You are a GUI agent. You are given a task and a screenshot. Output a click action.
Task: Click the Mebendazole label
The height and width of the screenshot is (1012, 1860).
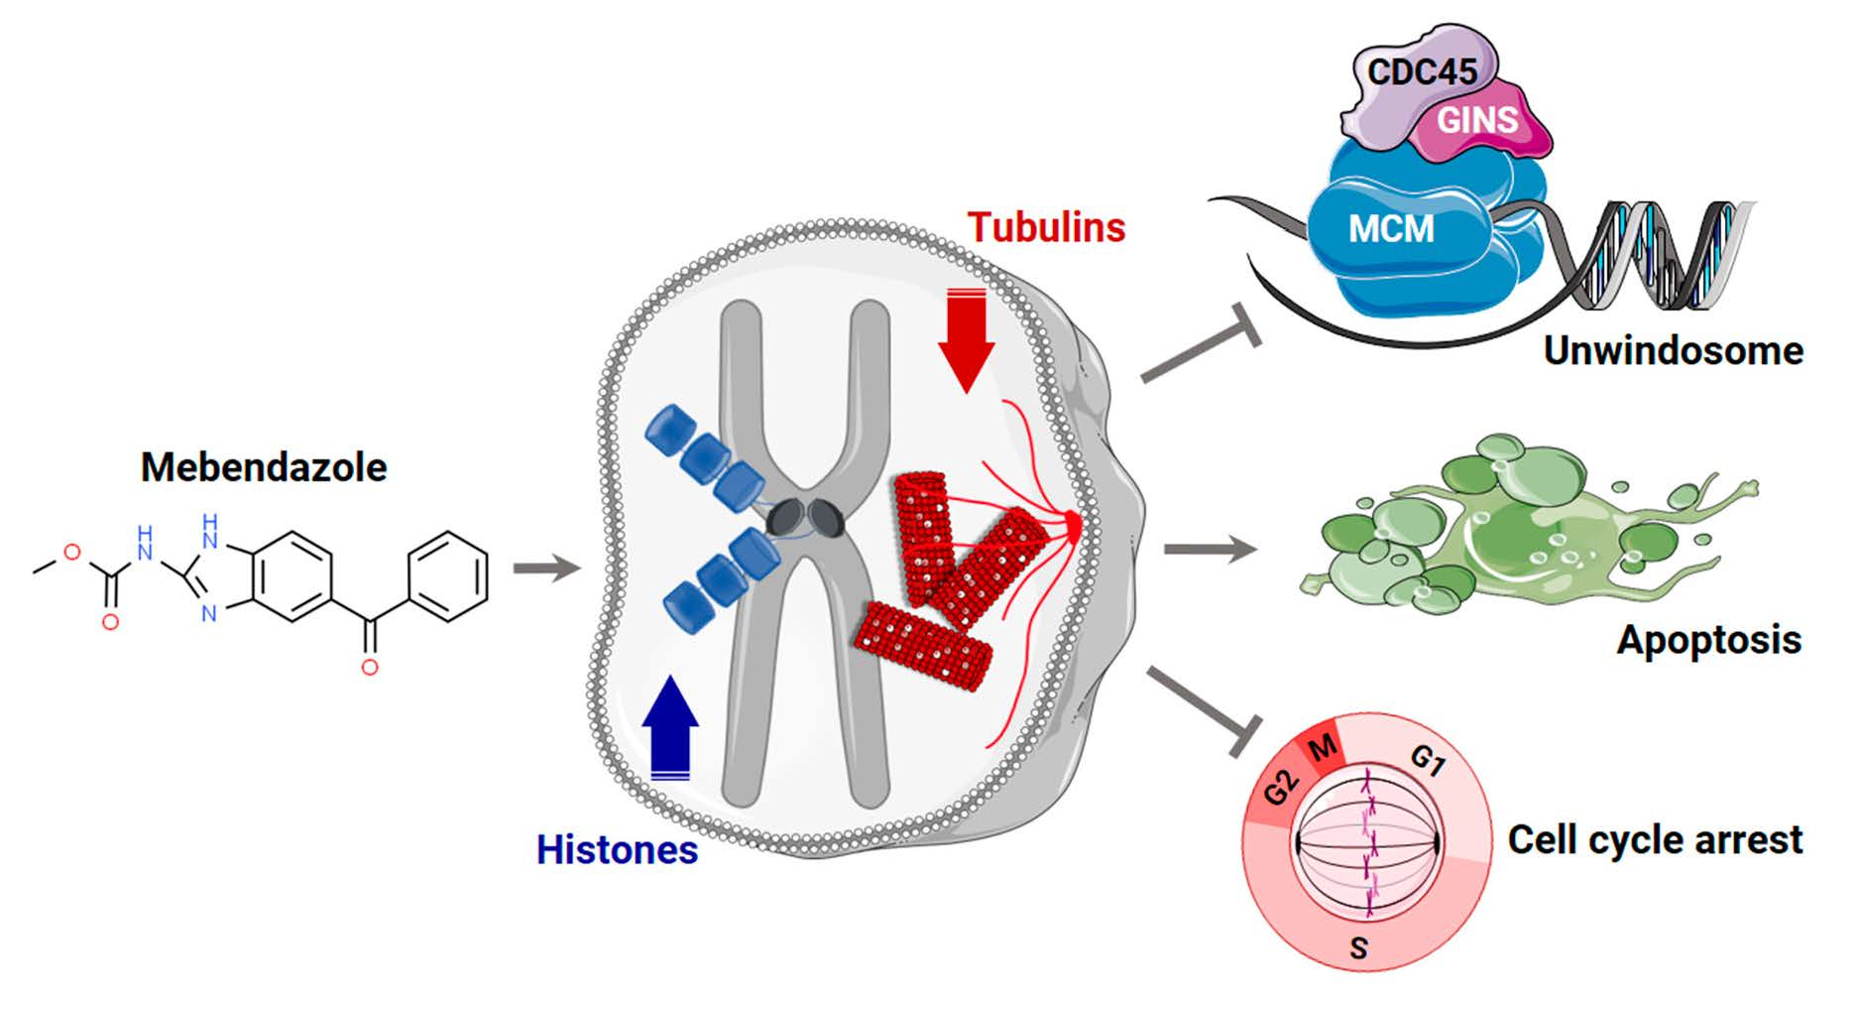(x=264, y=467)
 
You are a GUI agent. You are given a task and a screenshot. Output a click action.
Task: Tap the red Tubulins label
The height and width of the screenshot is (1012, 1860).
(x=1046, y=228)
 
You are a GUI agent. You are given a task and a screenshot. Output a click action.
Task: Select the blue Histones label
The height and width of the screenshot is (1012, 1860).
(x=617, y=850)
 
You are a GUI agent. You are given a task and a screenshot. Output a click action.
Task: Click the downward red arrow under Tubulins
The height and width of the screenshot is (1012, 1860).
(x=966, y=342)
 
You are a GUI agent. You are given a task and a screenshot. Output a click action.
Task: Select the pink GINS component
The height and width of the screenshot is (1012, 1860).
(x=1479, y=122)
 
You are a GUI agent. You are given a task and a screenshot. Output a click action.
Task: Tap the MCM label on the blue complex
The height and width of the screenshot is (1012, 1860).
(x=1391, y=230)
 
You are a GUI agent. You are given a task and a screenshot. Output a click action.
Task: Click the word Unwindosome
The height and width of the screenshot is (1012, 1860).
(x=1673, y=351)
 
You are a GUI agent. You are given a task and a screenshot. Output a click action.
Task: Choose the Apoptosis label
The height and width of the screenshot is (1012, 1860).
(x=1708, y=640)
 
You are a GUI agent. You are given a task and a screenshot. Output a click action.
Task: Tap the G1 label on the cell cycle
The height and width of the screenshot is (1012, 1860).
(x=1428, y=762)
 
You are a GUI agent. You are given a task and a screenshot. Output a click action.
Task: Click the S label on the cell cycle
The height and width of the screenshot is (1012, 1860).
(x=1359, y=948)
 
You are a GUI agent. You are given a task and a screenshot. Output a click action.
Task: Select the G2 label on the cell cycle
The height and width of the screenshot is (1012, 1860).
(x=1281, y=790)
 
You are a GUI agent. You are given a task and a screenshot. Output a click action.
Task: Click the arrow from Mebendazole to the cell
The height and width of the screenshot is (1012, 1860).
(x=545, y=569)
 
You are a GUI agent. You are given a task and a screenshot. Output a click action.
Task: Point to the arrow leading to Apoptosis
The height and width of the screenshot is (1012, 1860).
(x=1209, y=549)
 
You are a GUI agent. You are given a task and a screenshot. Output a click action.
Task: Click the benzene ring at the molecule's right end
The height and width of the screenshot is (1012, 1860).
(x=449, y=577)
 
